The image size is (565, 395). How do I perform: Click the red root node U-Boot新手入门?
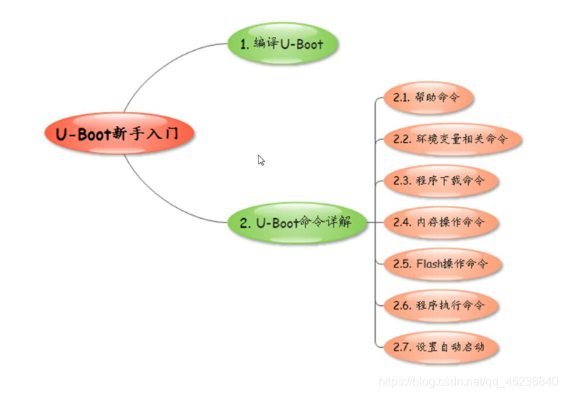(x=117, y=133)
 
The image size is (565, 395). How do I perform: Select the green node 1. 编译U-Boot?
(x=283, y=43)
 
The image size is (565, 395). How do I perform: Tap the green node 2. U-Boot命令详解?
(x=298, y=222)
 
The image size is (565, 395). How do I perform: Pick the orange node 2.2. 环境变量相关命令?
(x=450, y=139)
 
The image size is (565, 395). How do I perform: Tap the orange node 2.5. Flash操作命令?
(x=441, y=263)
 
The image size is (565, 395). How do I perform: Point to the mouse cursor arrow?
(x=260, y=159)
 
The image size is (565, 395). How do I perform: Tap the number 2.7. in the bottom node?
(x=402, y=346)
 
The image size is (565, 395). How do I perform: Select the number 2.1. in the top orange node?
(x=402, y=97)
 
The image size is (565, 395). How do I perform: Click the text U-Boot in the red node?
(x=82, y=133)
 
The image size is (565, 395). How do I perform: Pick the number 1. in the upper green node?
(x=245, y=43)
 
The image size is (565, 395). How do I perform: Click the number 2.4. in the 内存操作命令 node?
(x=402, y=222)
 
